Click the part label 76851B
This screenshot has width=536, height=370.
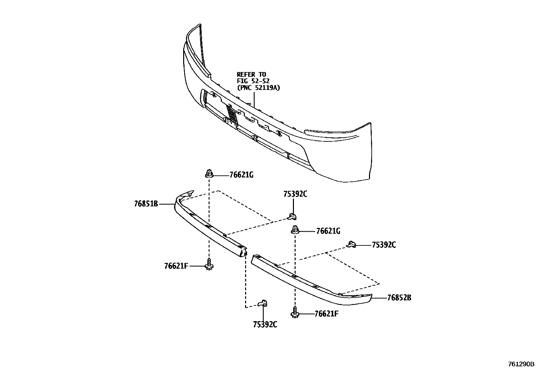(x=146, y=204)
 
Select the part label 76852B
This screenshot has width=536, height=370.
(x=399, y=298)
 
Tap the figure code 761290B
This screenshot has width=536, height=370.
(x=521, y=364)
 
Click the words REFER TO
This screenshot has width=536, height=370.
(x=251, y=74)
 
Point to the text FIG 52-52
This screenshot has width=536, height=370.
(x=253, y=81)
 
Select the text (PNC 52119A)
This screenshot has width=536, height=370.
(x=258, y=88)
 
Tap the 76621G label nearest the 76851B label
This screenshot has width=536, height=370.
(x=241, y=175)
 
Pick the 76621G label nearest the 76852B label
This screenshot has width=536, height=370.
(x=328, y=231)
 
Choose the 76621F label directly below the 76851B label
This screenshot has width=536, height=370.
(x=176, y=266)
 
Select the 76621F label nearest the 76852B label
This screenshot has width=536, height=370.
(x=326, y=314)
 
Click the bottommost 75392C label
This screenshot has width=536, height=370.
(x=265, y=325)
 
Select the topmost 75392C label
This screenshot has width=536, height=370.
(x=295, y=194)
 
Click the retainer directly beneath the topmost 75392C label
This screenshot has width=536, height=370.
(x=292, y=215)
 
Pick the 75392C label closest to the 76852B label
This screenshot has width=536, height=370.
(x=384, y=245)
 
